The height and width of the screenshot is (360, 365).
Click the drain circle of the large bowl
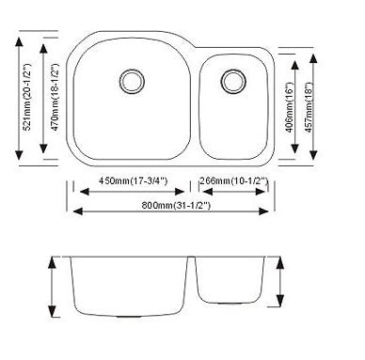(130, 79)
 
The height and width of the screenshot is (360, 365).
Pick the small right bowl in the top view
(234, 108)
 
